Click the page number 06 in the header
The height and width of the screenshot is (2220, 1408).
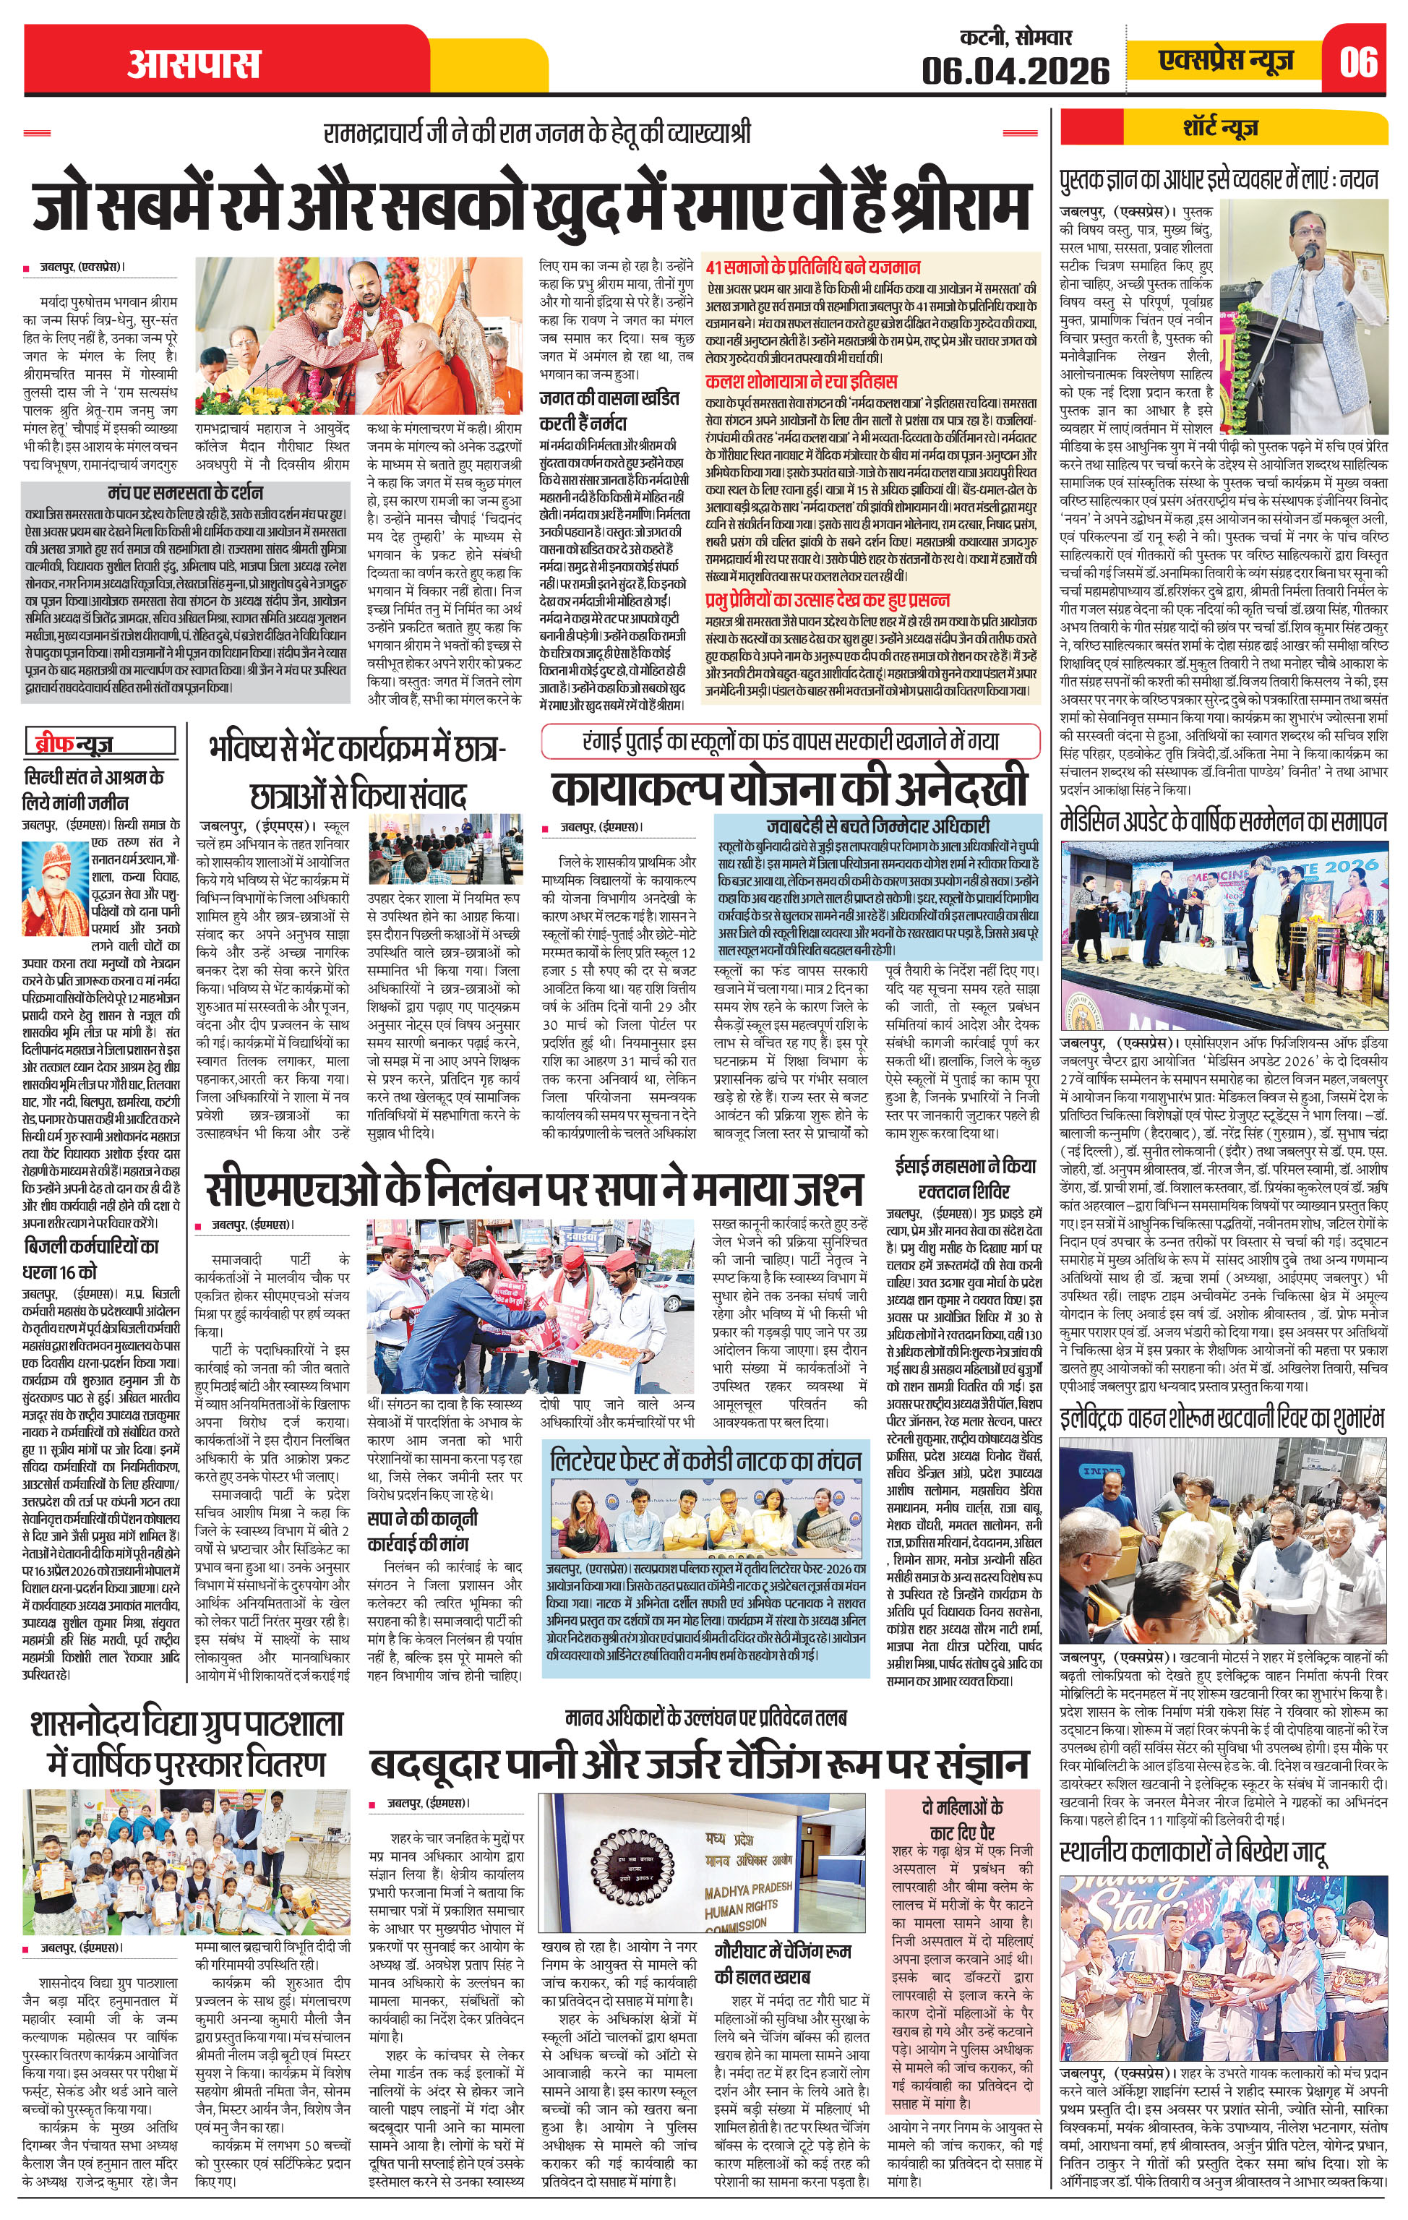pyautogui.click(x=1359, y=63)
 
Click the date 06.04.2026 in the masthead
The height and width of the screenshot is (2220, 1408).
pyautogui.click(x=1016, y=70)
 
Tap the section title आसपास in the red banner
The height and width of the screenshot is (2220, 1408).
pyautogui.click(x=194, y=64)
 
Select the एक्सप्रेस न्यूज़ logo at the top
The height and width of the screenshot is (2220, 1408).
pyautogui.click(x=1227, y=61)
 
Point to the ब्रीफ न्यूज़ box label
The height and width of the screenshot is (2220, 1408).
pyautogui.click(x=73, y=743)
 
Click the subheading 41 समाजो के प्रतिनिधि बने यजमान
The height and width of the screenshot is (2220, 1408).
pyautogui.click(x=812, y=267)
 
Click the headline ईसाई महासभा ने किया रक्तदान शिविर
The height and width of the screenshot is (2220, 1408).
pyautogui.click(x=964, y=1178)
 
